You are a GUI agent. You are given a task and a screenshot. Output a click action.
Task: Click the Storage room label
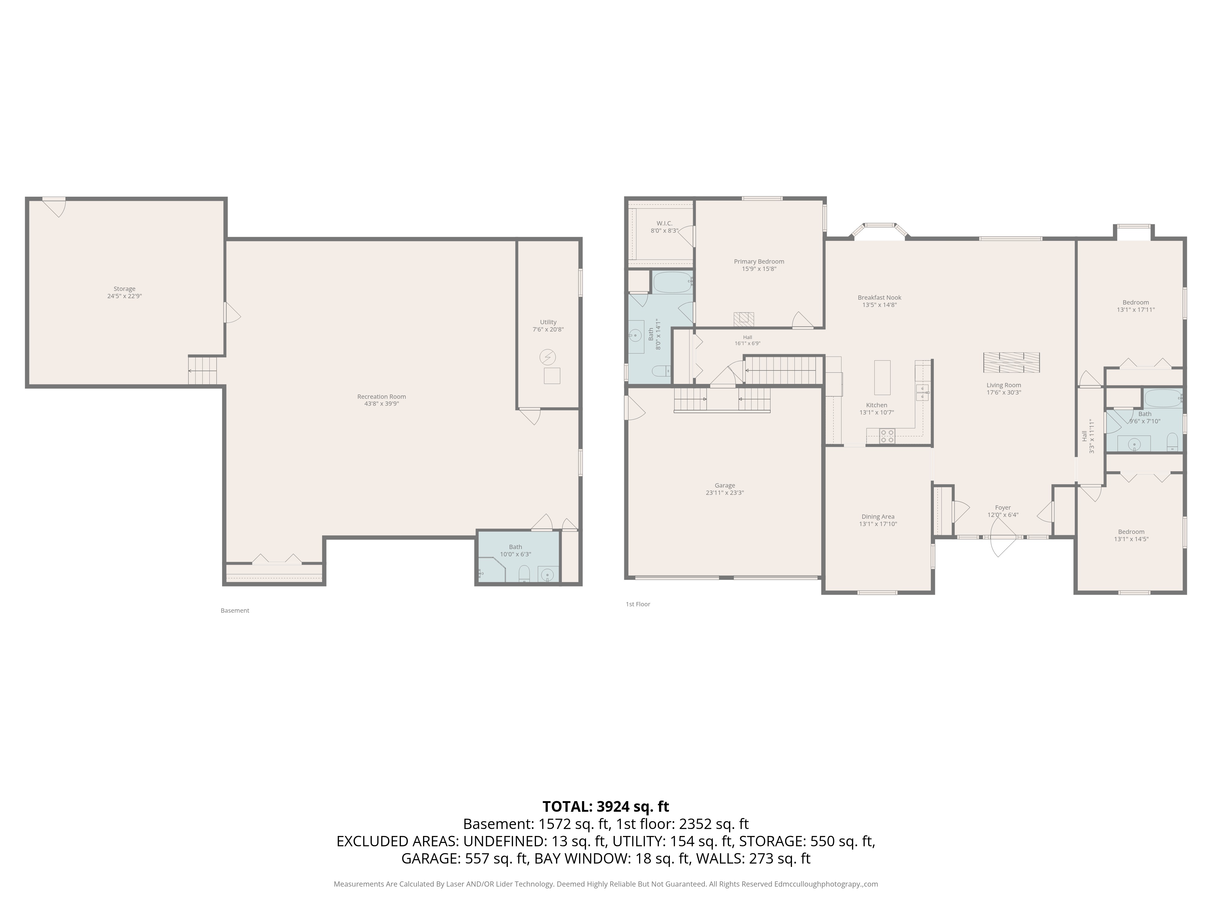pos(124,289)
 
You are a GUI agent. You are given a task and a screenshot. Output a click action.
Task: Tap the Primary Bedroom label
pos(759,262)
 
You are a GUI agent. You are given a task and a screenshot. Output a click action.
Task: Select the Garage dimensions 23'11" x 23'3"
pos(724,493)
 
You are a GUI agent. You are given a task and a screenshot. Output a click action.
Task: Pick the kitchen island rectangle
pos(882,378)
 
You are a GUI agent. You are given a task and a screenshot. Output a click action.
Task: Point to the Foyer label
pos(1003,508)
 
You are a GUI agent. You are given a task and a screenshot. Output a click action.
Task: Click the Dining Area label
pos(878,517)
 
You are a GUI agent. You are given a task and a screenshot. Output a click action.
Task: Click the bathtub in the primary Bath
pos(672,283)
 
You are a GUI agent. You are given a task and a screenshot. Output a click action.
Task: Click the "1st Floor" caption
pos(638,604)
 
